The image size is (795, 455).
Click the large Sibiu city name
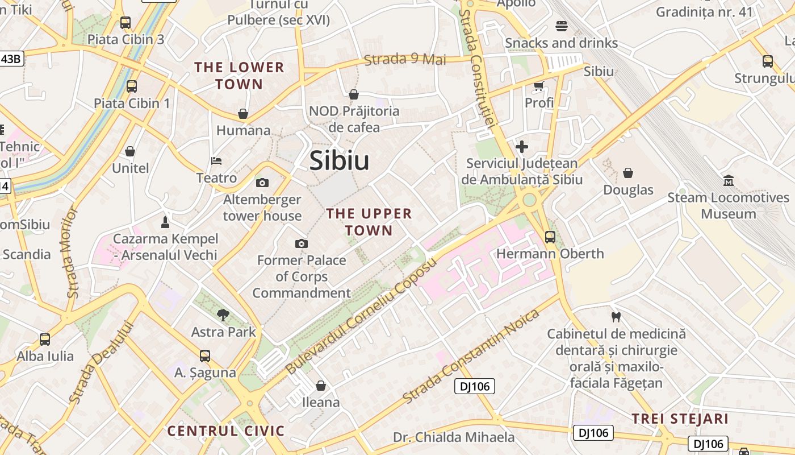point(340,161)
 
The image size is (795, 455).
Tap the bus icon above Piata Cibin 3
point(125,23)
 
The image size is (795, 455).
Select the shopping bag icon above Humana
point(243,114)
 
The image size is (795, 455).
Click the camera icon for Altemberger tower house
point(262,183)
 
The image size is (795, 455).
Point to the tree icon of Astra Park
point(223,315)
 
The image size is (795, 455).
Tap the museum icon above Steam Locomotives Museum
point(728,181)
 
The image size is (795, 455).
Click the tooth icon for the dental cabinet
point(616,317)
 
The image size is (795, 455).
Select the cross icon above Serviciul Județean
point(522,147)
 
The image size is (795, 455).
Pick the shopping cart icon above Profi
point(538,86)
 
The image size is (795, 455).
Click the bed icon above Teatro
point(216,161)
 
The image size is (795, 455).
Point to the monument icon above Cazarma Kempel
point(165,221)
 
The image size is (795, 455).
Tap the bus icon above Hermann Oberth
point(550,237)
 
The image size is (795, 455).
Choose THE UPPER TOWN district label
point(369,222)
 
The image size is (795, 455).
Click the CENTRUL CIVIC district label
point(225,431)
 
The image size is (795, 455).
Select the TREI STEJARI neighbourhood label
point(680,419)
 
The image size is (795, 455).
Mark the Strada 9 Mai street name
point(405,59)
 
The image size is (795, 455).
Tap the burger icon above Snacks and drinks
point(562,26)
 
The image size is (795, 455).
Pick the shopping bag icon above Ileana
point(321,386)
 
